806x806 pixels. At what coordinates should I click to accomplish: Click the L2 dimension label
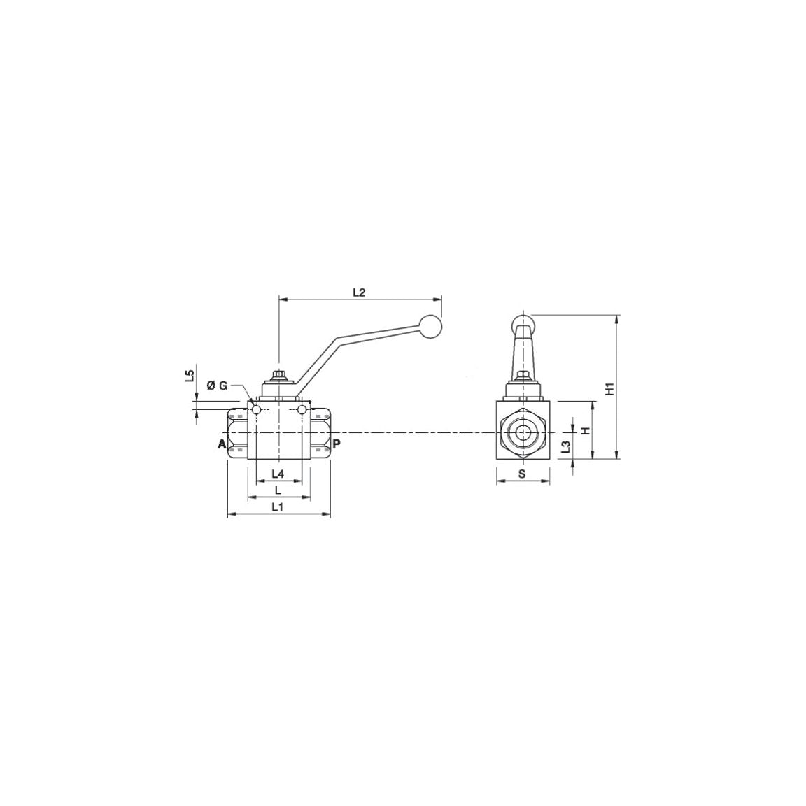coord(359,292)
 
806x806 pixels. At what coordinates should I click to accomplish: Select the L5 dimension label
coord(189,377)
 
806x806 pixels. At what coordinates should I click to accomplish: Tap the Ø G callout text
coord(218,386)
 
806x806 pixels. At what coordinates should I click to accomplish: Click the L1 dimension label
coord(278,507)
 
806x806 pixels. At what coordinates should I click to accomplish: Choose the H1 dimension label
coord(609,389)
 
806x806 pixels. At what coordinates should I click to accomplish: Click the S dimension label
coord(522,474)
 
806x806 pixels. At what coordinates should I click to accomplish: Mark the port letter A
coord(221,444)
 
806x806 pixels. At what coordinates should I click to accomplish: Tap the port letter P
coord(337,444)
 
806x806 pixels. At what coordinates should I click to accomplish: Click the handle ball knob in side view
coord(432,326)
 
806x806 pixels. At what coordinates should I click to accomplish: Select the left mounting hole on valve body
coord(256,409)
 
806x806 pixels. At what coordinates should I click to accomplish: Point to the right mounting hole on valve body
coord(302,409)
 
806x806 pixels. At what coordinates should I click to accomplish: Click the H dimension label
coord(586,430)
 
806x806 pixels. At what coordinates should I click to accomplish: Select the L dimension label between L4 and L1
coord(278,489)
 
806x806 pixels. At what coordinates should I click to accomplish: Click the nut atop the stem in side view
coord(278,376)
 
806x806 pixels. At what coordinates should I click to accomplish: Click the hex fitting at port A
coord(237,434)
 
